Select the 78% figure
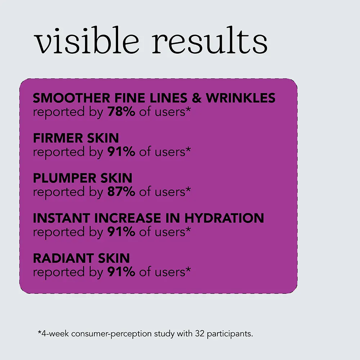coord(121,112)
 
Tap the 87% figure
coord(121,192)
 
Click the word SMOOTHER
coord(67,98)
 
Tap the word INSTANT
coord(60,218)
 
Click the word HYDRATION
coord(224,218)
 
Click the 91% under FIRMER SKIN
coord(121,152)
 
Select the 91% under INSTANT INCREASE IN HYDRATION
coord(121,232)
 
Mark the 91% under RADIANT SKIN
coord(121,272)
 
